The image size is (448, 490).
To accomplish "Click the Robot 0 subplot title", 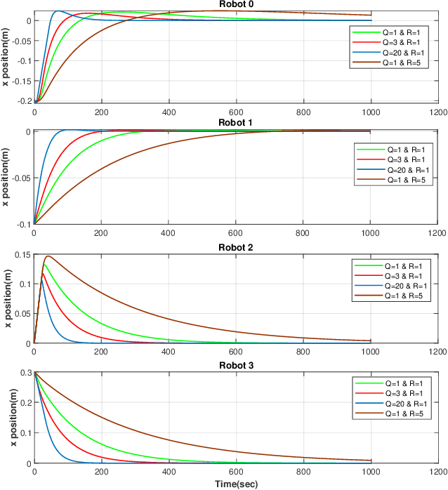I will tap(235, 4).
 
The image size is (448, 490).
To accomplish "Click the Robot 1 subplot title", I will tap(235, 123).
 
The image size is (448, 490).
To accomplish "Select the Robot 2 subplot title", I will tap(235, 247).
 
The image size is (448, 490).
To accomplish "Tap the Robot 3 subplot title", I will tap(235, 366).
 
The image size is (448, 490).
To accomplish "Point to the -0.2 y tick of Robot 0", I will tap(21, 101).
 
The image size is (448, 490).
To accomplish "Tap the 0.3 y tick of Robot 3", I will tap(25, 373).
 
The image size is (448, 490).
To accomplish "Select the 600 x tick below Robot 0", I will tap(235, 112).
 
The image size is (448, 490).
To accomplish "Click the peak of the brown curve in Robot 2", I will tap(48, 256).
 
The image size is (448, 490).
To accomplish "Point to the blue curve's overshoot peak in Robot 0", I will tap(58, 11).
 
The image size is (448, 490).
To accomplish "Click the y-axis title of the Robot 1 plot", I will tap(6, 178).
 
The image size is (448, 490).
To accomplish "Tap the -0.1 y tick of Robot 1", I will tap(22, 225).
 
